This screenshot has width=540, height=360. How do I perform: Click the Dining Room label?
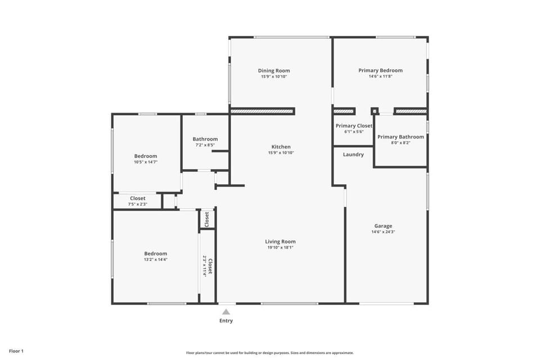(x=274, y=71)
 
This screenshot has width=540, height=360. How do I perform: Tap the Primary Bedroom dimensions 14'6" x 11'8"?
(x=380, y=76)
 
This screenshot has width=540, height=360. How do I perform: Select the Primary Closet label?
(x=354, y=126)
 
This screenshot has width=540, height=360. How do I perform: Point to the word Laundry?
(x=353, y=154)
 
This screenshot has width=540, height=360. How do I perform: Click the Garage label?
(x=383, y=226)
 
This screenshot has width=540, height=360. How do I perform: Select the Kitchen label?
(x=281, y=147)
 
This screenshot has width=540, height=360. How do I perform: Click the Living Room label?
(x=280, y=242)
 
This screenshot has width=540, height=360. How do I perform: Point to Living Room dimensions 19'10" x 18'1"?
(x=280, y=247)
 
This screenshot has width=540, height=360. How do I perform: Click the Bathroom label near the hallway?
(x=205, y=139)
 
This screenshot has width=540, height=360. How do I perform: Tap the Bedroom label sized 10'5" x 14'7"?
(x=146, y=156)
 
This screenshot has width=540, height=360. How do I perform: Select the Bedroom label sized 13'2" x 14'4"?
(x=155, y=254)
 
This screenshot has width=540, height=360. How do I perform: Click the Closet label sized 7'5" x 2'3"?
(x=138, y=198)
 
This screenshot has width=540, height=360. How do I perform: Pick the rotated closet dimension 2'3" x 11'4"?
(x=204, y=265)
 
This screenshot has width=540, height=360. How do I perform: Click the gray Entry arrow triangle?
(x=226, y=312)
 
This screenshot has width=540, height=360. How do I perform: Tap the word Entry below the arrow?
(x=226, y=321)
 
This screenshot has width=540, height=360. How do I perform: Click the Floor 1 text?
(x=16, y=351)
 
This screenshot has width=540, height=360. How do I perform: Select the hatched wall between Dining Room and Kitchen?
(x=262, y=111)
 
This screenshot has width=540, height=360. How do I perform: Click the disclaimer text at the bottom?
(x=270, y=353)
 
